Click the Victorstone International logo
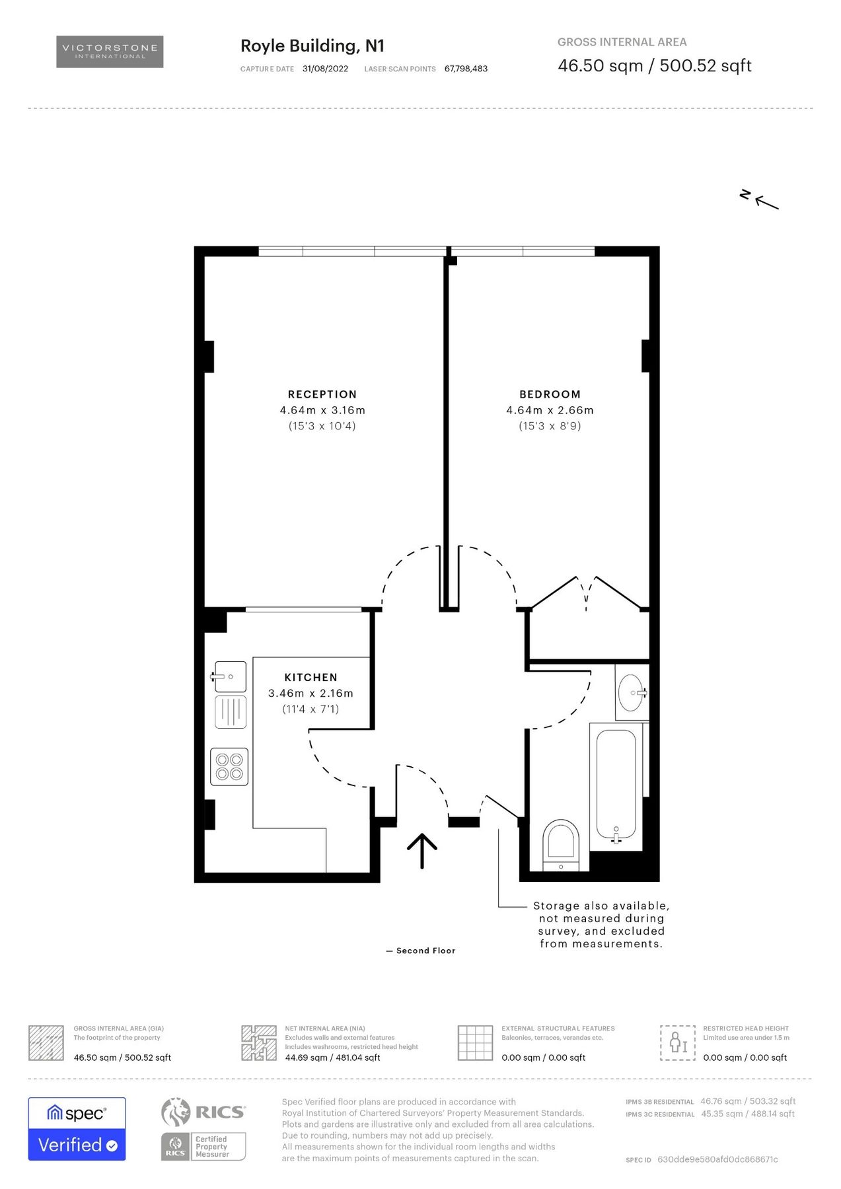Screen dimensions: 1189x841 [x=110, y=52]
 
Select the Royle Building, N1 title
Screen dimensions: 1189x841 [x=312, y=46]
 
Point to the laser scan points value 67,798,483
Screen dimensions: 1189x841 [x=466, y=69]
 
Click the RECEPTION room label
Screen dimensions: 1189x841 [x=322, y=394]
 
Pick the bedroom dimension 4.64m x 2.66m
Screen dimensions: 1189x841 [x=550, y=410]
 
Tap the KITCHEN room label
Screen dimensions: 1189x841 [x=311, y=677]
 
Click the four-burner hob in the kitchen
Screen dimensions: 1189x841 [x=229, y=766]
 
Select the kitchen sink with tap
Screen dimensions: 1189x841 [x=229, y=677]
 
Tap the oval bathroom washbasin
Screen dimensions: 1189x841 [x=632, y=692]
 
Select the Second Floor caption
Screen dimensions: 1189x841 [x=425, y=951]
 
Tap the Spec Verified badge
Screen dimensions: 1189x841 [x=77, y=1128]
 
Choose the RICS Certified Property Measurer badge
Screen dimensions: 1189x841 [x=203, y=1146]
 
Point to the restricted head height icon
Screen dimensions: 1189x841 [x=678, y=1043]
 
